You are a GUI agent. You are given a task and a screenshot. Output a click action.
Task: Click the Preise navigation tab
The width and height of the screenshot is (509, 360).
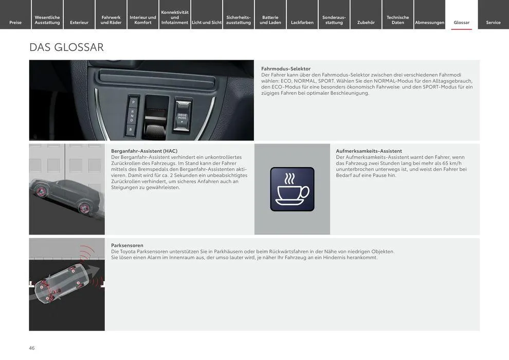[15, 22]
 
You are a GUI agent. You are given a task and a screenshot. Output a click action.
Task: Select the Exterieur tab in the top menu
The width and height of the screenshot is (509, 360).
[79, 22]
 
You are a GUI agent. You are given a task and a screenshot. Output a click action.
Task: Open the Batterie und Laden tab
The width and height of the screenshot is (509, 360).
[270, 20]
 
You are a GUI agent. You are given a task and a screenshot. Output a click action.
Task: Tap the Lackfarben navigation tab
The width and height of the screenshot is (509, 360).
[302, 22]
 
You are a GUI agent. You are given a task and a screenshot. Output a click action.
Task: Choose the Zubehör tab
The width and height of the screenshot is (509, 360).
[366, 22]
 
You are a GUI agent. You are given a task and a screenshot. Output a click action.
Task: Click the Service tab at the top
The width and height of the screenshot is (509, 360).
[493, 22]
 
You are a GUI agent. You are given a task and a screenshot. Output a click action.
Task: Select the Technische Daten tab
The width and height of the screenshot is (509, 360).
[398, 20]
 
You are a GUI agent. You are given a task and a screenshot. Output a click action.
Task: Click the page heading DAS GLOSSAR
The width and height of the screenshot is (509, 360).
[66, 47]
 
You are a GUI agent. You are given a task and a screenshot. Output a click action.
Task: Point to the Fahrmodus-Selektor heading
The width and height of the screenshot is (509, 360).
[286, 68]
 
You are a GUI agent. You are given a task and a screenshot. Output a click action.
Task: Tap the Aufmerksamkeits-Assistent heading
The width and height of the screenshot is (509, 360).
[369, 151]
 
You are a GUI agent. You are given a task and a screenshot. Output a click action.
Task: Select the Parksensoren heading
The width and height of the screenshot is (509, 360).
[127, 245]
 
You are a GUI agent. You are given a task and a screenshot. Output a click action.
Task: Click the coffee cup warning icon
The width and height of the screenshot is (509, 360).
[292, 189]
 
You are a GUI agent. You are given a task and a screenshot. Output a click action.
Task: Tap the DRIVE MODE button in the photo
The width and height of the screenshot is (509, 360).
[182, 117]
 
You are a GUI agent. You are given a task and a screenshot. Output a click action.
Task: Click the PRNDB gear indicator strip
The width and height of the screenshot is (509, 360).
[132, 116]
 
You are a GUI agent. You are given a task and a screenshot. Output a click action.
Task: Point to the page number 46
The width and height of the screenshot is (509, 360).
[32, 348]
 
